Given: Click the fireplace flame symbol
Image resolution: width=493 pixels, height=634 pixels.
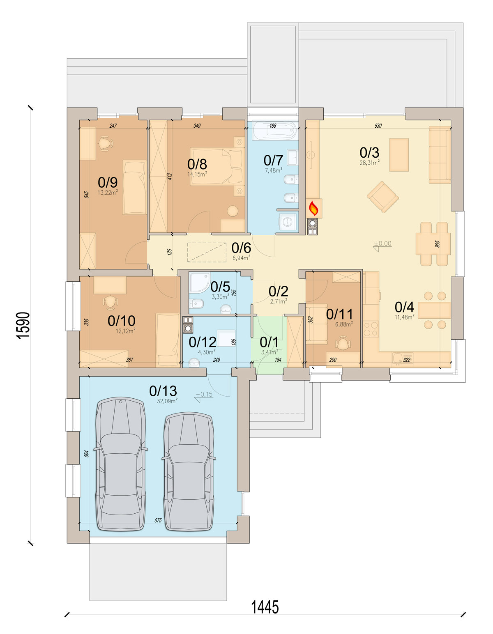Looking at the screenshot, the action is (x=313, y=208).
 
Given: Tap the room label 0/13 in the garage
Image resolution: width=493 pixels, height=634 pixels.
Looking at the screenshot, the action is (x=163, y=391).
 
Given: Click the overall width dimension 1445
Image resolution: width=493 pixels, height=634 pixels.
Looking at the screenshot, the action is (x=265, y=607).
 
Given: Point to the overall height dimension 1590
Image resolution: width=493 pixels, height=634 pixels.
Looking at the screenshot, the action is (x=24, y=325).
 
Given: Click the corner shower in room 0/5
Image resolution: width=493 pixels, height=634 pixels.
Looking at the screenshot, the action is (x=199, y=283).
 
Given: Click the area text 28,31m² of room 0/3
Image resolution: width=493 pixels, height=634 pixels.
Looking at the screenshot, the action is (x=369, y=163).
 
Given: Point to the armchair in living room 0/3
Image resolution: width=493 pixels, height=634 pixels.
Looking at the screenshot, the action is (x=382, y=197).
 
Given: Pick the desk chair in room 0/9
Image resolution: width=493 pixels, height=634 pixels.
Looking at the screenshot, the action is (x=105, y=144).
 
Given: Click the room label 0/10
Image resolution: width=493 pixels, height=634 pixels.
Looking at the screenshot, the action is (x=122, y=321).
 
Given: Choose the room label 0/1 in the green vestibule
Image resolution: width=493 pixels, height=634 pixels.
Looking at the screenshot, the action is (x=269, y=342).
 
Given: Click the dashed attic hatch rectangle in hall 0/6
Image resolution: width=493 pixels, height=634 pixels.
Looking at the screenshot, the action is (x=207, y=253).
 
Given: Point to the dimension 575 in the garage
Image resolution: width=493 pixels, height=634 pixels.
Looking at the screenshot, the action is (x=158, y=520).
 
